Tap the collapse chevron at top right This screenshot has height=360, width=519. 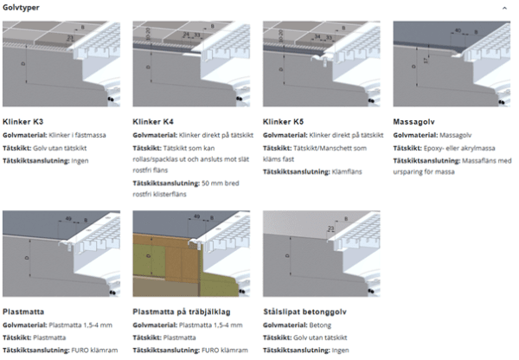[x=504, y=7]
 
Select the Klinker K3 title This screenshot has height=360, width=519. [x=24, y=121]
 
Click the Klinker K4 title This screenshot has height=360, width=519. [x=154, y=121]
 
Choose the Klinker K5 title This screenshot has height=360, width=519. [x=284, y=121]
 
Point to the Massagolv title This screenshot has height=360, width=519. [x=412, y=121]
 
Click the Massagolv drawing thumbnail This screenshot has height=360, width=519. [x=451, y=65]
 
